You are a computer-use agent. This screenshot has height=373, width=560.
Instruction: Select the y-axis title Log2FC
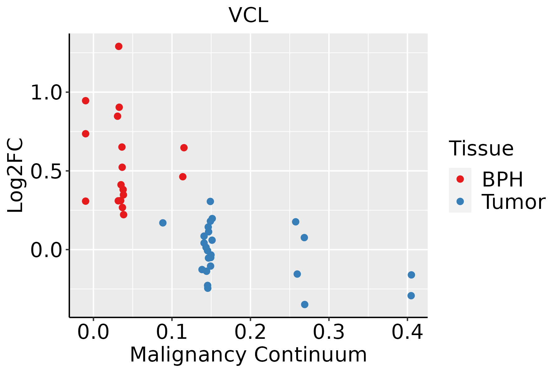pos(16,175)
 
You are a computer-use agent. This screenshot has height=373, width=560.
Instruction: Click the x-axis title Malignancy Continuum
pos(248,355)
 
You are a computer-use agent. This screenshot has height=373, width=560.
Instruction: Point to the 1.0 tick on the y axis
pos(46,93)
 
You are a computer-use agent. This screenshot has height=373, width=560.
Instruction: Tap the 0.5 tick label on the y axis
pos(46,171)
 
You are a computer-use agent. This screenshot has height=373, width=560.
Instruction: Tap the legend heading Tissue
pos(481,149)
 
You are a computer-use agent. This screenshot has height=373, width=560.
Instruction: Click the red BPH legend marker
pos(460,179)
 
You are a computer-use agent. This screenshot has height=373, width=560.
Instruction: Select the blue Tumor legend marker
pos(460,201)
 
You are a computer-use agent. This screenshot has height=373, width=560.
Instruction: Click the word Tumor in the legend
pos(513,202)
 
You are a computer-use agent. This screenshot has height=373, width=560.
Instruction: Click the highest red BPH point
pos(119,47)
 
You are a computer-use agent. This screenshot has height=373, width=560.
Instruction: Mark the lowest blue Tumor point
pos(305,304)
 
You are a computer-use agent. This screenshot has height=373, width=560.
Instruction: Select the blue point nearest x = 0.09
pos(163,223)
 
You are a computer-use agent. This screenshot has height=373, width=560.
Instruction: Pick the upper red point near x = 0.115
pos(184,148)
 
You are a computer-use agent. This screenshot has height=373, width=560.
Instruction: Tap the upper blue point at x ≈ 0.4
pos(411,275)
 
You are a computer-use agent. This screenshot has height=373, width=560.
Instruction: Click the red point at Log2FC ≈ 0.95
pos(86,101)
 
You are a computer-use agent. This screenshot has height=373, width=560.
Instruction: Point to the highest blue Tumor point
pos(210,201)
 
